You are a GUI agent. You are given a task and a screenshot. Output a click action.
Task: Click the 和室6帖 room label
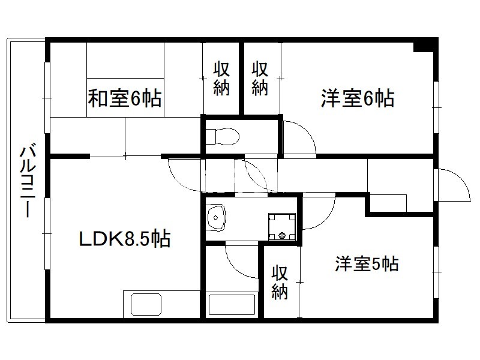125,98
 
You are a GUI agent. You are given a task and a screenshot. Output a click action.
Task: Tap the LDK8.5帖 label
125,239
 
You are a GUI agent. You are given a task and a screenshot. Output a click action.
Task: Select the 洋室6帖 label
358,98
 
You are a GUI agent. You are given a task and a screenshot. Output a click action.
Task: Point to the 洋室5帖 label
367,263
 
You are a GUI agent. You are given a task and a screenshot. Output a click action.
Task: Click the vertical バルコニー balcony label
28,181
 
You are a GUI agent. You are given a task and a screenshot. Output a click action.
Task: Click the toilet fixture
222,136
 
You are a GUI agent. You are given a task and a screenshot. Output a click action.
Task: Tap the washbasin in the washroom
216,217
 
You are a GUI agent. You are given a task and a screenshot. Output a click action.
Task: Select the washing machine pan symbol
282,227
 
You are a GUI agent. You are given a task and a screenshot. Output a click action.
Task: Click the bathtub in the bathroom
232,305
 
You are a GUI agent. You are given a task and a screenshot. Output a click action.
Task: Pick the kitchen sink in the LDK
146,305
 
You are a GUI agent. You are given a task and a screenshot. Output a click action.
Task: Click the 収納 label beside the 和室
221,79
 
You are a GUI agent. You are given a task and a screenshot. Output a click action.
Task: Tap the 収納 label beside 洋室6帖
260,79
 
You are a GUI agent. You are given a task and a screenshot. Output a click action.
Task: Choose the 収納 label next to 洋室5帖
280,283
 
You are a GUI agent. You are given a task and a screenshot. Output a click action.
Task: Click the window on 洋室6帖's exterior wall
437,107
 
